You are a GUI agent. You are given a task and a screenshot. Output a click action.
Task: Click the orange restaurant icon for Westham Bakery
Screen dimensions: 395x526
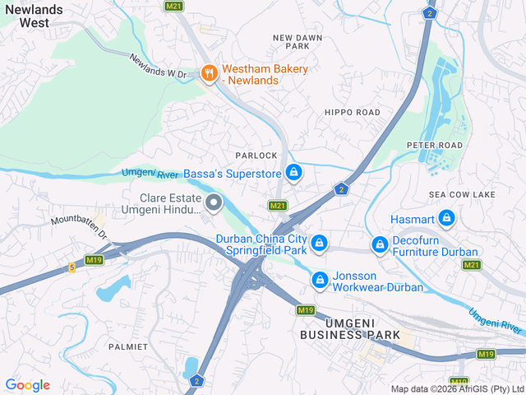[210, 74]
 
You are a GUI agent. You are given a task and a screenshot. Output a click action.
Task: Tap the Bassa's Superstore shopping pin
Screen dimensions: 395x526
[293, 173]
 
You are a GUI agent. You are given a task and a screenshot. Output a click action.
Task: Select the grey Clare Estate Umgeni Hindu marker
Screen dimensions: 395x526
[214, 202]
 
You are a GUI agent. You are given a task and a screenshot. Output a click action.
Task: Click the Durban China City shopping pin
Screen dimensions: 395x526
[320, 244]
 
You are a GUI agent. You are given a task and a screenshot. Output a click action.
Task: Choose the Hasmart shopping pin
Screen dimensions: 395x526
[446, 218]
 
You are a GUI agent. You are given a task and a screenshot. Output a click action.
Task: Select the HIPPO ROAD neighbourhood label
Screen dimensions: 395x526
[352, 112]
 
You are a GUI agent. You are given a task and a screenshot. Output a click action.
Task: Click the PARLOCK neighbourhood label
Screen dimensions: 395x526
[256, 156]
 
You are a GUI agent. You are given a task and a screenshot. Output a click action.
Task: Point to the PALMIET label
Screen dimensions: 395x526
[128, 346]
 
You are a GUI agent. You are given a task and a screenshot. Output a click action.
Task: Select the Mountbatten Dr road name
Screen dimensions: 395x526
[80, 227]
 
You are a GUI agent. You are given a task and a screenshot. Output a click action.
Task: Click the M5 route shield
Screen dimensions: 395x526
[72, 267]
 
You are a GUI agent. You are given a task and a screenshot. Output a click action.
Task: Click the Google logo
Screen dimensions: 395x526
[27, 385]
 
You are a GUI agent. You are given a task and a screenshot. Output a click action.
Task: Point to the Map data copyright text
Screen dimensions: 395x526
[457, 388]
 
